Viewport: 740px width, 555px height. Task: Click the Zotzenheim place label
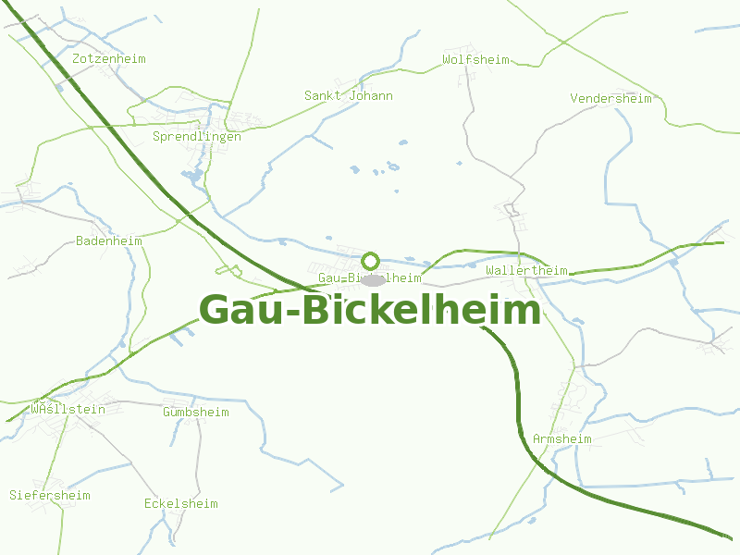tap(108, 58)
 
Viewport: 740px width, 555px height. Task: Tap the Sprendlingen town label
tap(196, 136)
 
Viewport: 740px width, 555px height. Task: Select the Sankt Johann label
tap(348, 95)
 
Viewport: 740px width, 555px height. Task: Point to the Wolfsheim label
tap(475, 59)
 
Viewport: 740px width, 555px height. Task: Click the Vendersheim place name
tap(610, 98)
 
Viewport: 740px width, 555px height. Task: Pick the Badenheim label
tap(108, 240)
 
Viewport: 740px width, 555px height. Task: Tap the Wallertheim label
tap(526, 270)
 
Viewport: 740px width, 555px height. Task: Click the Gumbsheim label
tap(195, 412)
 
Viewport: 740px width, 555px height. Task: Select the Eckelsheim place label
tap(180, 503)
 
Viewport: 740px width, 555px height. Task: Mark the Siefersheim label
tap(50, 495)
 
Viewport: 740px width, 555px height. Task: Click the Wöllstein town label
tap(68, 408)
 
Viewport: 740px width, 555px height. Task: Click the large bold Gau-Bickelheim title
tap(370, 310)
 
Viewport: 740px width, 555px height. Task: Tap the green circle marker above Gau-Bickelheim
tap(371, 261)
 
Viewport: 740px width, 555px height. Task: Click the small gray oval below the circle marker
tap(373, 279)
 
